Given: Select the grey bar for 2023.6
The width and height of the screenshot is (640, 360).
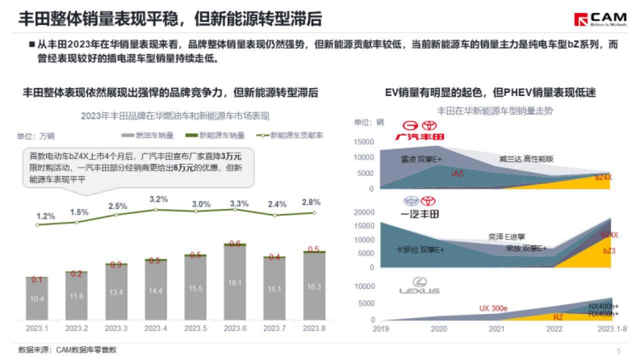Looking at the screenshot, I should pos(235,283).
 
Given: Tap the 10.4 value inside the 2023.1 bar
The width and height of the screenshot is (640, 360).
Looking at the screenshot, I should pos(37,299).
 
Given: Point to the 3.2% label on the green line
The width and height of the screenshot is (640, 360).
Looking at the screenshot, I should pos(159,199).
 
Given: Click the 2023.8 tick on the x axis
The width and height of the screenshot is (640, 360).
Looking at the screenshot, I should pos(314,328).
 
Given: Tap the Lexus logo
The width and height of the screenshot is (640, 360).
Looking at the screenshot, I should pos(419,285).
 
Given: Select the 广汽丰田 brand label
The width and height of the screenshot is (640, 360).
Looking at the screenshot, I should pos(419,137).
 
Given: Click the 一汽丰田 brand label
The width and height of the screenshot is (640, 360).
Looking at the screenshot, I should pos(419,214).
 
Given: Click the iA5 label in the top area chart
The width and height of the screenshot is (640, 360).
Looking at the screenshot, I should pos(457,174).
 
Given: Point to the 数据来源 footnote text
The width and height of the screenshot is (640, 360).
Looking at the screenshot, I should pos(67,350).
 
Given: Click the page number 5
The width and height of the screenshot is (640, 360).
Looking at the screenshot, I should pos(619,350).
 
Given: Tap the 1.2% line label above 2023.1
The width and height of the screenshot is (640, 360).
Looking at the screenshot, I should pos(46,216).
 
